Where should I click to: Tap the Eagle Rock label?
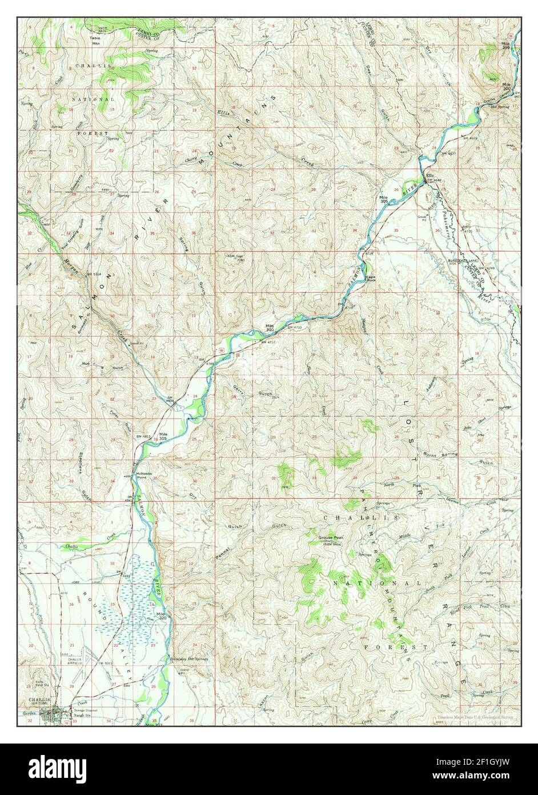pos(370,279)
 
